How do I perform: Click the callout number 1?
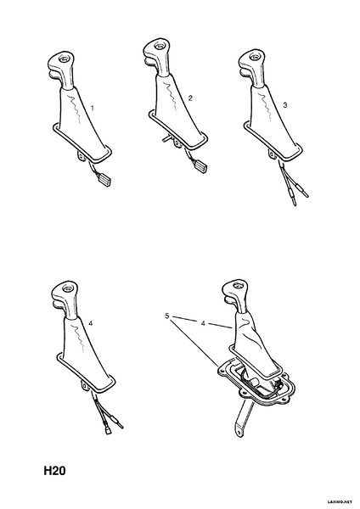pos(93,108)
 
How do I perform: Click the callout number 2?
pos(190,98)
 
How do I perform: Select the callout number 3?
pos(285,105)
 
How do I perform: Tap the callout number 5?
pos(167,316)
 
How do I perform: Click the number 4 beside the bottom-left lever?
pos(91,323)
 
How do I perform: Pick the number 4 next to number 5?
pos(203,323)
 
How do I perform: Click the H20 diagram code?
pos(54,471)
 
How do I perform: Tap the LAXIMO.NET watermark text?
pos(341,502)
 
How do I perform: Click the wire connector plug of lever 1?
pos(104,180)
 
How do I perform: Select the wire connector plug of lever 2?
pos(200,167)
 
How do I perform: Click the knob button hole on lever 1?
pos(63,59)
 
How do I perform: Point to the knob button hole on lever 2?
pos(159,46)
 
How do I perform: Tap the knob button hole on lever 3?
pos(253,57)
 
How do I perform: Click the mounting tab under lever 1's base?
pos(82,155)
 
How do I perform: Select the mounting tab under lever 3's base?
pos(273,154)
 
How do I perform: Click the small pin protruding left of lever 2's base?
pos(166,139)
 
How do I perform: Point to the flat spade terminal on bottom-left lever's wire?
pos(108,431)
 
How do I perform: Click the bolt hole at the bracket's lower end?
pos(239,433)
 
